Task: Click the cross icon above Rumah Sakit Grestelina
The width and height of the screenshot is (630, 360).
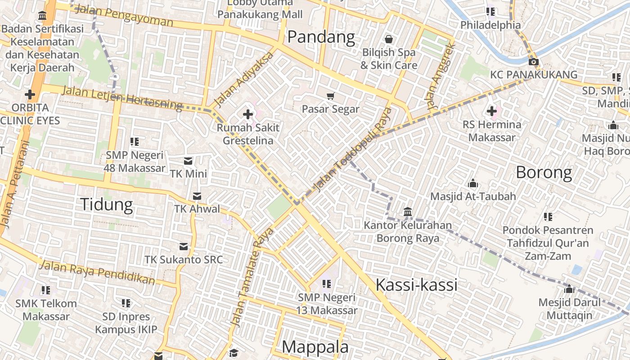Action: (247, 114)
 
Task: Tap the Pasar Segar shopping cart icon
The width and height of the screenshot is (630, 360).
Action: (331, 95)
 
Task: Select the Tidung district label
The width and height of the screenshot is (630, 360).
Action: (107, 204)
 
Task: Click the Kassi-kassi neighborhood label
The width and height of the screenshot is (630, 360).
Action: (416, 284)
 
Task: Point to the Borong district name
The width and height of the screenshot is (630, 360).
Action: (544, 172)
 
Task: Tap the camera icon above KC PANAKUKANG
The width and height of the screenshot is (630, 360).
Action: (533, 62)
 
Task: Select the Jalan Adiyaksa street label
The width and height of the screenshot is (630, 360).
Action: (244, 80)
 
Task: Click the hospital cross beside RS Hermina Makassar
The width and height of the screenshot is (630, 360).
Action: (491, 111)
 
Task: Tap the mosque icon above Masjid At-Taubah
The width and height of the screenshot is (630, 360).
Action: (472, 183)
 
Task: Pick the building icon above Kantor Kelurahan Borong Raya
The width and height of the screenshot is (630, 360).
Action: (408, 211)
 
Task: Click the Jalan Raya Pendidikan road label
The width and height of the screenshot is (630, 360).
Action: (97, 272)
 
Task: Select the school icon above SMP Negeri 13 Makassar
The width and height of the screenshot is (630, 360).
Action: (327, 284)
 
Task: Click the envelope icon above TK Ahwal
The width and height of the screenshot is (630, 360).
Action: (197, 196)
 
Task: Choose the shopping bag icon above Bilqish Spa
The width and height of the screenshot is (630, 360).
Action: (389, 39)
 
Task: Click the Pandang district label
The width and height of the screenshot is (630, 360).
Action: (321, 37)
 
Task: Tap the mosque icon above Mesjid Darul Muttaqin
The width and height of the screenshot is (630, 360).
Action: (569, 289)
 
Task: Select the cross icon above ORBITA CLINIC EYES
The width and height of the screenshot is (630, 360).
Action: (30, 94)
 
